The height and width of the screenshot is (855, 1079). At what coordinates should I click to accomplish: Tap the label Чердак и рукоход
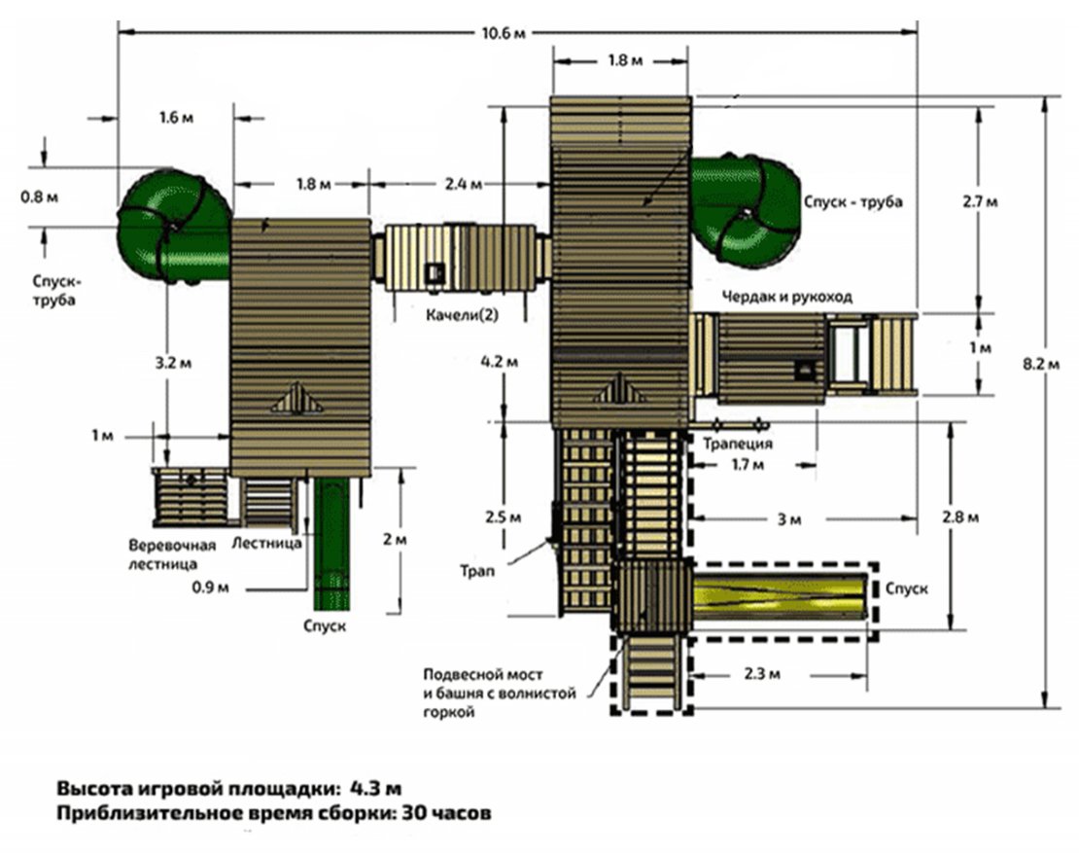point(785,297)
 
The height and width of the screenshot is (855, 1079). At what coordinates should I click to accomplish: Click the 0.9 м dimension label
point(208,588)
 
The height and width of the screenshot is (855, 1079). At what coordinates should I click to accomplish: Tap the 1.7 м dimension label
point(748,466)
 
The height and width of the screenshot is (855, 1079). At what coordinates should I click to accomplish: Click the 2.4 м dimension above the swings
point(462,182)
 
